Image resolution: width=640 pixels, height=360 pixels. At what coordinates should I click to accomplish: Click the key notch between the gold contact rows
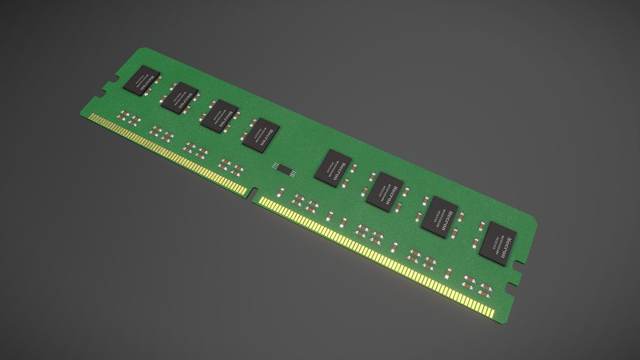[x=253, y=194]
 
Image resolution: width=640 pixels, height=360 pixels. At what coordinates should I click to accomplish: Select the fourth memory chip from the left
[x=261, y=136]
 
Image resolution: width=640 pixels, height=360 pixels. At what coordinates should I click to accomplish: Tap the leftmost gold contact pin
[x=91, y=116]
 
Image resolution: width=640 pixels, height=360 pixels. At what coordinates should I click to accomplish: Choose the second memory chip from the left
[x=179, y=98]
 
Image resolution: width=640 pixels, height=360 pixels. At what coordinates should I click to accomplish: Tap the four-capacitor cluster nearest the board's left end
[x=129, y=118]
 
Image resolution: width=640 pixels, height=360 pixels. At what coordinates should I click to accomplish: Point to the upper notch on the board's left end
[x=115, y=80]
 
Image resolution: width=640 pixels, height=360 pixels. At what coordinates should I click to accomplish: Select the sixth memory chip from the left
[x=384, y=193]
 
